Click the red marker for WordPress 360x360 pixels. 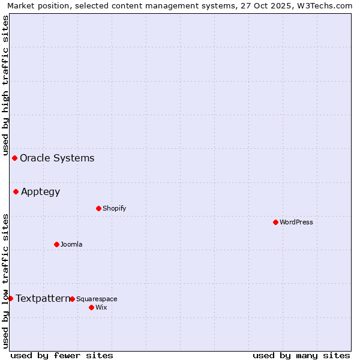pos(275,222)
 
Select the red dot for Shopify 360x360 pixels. pos(98,208)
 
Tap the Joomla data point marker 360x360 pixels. pos(56,244)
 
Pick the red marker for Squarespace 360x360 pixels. pos(72,299)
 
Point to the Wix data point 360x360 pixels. pos(91,307)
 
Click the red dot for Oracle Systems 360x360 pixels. pos(14,158)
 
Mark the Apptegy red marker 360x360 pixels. pos(16,191)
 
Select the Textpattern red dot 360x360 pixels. pos(10,298)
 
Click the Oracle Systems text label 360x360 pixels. pos(57,158)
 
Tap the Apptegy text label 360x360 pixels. pos(40,192)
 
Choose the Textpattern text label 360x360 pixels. pos(43,298)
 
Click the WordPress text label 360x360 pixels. pos(296,223)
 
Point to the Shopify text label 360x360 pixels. pos(114,209)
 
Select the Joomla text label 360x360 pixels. pos(71,245)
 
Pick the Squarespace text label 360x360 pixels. pos(97,299)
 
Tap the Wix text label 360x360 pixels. pos(101,308)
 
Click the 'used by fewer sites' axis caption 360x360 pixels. pos(62,355)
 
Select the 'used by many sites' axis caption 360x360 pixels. pos(301,355)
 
